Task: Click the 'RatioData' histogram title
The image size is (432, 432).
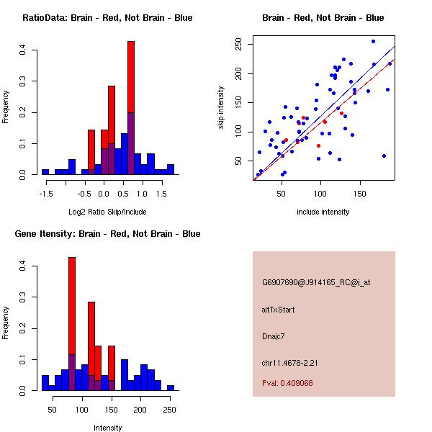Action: point(107,18)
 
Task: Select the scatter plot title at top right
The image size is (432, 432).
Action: point(323,18)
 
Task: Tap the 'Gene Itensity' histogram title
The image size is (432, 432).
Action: point(107,234)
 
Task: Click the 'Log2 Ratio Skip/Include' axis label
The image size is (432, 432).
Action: point(107,212)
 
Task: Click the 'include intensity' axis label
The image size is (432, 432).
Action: point(323,212)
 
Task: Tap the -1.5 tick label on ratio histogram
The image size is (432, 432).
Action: point(45,194)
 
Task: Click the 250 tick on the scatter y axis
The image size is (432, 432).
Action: point(238,44)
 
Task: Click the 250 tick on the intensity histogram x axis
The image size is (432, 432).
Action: point(170,410)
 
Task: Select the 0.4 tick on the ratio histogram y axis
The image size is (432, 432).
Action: point(23,50)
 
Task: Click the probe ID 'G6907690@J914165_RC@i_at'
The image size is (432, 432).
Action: point(316,282)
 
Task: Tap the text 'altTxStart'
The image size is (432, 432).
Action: point(278,310)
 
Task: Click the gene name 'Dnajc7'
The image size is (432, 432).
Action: point(274,336)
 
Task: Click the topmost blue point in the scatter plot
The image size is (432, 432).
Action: point(373,42)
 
